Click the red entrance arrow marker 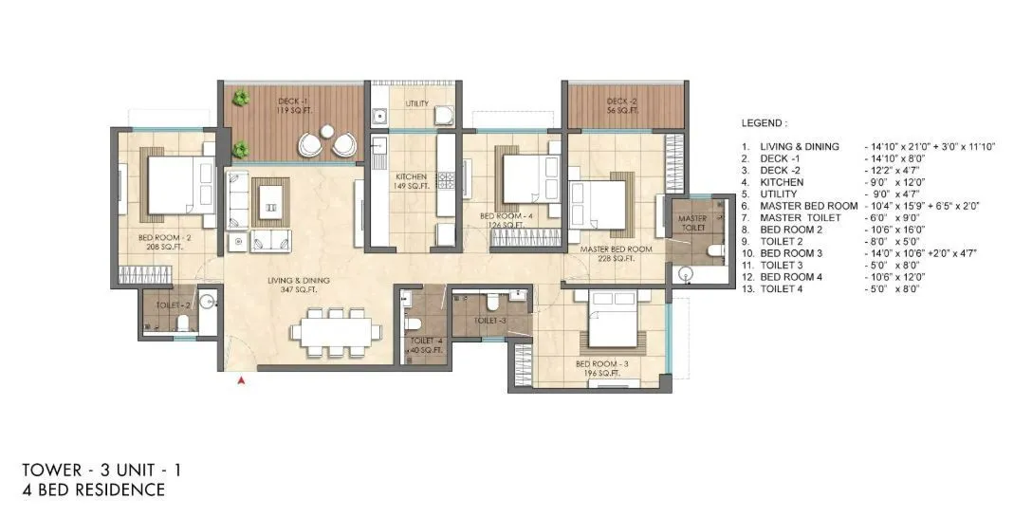pos(242,380)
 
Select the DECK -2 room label pos(620,105)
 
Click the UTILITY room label pos(416,103)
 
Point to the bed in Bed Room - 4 pos(525,178)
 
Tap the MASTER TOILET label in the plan pos(692,224)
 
